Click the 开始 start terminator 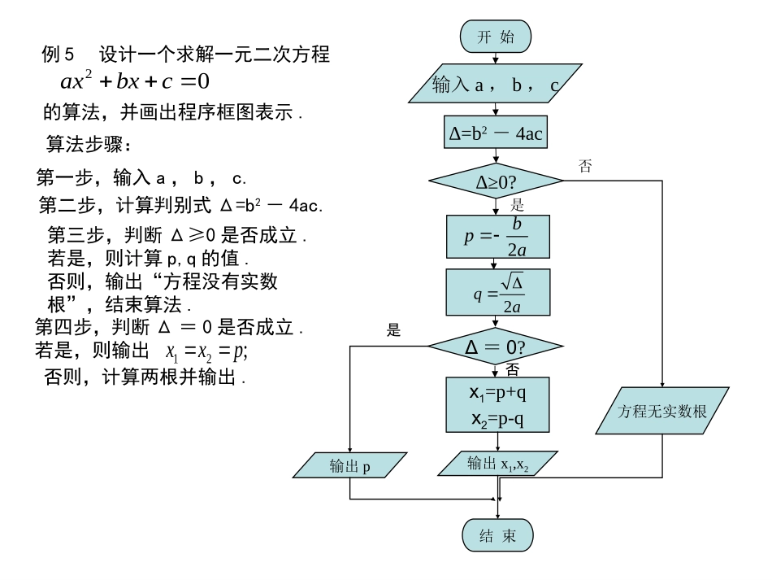tap(495, 36)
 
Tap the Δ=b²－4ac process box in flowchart tap(496, 133)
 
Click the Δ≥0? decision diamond tap(496, 181)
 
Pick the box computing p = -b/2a tap(496, 237)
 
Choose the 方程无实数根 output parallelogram tap(662, 412)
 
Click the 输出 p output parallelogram tap(349, 466)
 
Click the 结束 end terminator tap(497, 534)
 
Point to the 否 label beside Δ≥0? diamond tap(585, 165)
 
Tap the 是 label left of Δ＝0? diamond tap(394, 329)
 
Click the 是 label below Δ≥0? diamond tap(517, 205)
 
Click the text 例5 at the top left tap(58, 55)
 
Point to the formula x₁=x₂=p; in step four tap(206, 352)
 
